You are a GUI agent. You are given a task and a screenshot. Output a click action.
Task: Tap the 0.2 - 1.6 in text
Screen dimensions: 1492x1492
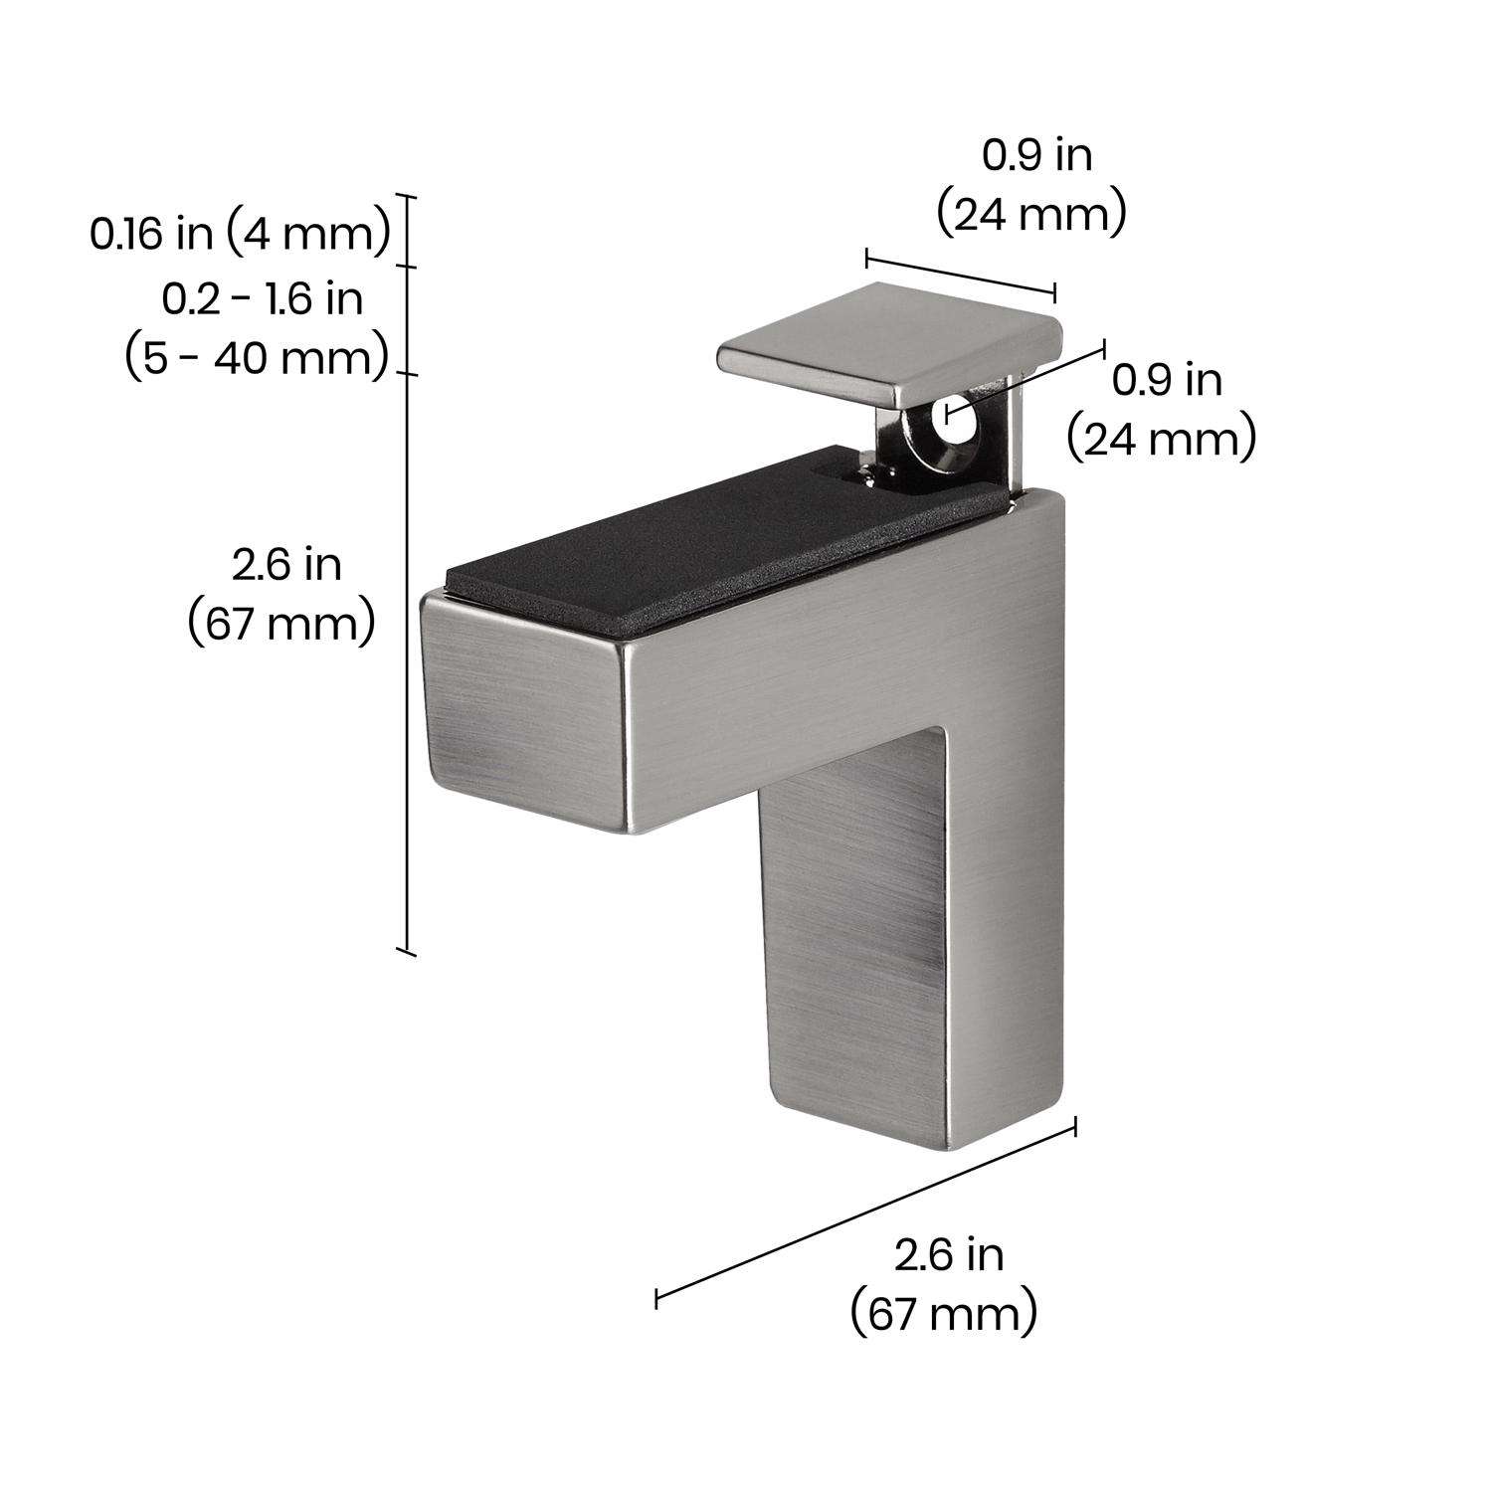pyautogui.click(x=263, y=298)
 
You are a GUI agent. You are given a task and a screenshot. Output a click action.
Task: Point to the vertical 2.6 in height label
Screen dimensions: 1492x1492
pyautogui.click(x=286, y=565)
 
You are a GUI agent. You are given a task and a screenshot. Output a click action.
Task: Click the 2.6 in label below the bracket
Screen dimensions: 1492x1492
pyautogui.click(x=948, y=1255)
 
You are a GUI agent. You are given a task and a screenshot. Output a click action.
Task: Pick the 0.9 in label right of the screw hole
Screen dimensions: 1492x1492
pyautogui.click(x=1168, y=381)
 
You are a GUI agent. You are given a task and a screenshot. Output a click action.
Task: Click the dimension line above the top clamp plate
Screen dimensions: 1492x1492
pyautogui.click(x=960, y=276)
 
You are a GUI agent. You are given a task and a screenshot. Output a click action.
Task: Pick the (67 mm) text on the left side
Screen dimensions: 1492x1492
pyautogui.click(x=282, y=625)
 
